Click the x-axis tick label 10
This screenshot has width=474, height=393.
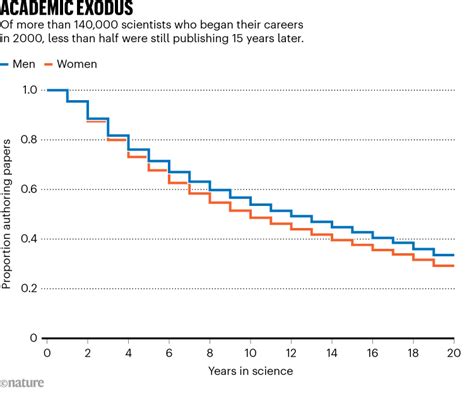251,352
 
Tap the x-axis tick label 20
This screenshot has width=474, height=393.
454,352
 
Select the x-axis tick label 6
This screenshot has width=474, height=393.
169,352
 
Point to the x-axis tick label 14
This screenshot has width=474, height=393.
332,352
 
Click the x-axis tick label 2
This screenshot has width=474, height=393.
88,352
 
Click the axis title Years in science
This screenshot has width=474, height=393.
251,371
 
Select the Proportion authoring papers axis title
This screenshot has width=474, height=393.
8,214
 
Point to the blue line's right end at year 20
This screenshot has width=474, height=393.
453,255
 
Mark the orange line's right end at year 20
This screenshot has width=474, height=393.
453,266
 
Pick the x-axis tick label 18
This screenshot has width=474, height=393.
413,352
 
